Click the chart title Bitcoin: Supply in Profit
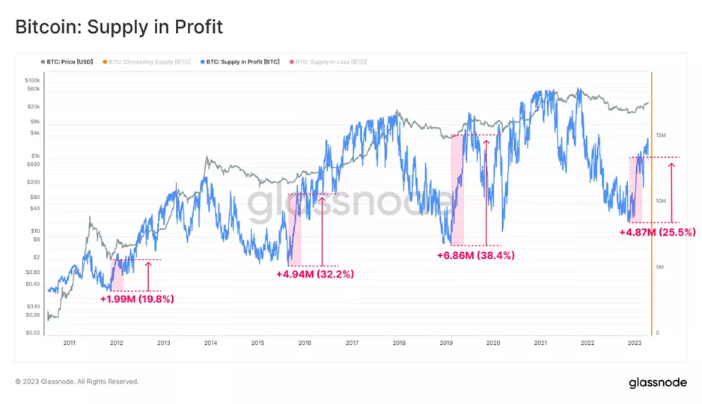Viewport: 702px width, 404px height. [x=119, y=27]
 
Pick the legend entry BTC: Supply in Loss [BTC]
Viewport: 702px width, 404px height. [x=332, y=61]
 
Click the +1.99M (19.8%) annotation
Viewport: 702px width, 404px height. [x=137, y=299]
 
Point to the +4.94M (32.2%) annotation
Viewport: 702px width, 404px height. [x=315, y=274]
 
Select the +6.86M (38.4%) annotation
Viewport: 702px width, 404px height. [x=476, y=255]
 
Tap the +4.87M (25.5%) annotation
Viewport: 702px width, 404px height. [x=658, y=232]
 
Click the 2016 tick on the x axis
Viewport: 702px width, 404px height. [x=305, y=343]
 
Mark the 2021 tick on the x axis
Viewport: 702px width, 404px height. [x=540, y=343]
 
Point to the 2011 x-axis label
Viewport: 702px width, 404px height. [x=70, y=343]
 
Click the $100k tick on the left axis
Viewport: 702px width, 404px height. [x=32, y=79]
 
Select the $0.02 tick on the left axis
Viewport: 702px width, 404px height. [x=32, y=332]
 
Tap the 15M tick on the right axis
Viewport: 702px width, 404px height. [x=660, y=135]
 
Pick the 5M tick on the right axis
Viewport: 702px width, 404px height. [x=660, y=267]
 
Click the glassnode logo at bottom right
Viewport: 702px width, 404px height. [x=657, y=382]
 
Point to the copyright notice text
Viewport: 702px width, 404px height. [x=77, y=382]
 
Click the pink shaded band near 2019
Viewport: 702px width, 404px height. [x=457, y=190]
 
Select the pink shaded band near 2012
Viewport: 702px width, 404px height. [x=117, y=275]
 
